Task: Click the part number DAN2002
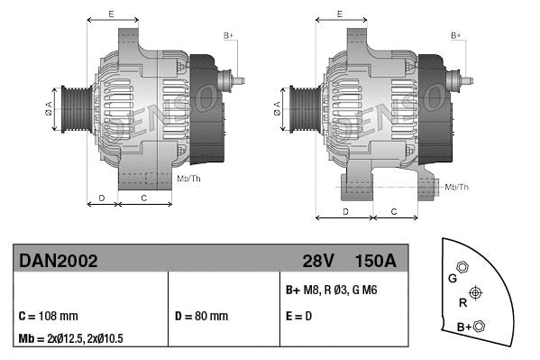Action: [x=59, y=262]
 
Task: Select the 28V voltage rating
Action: [x=318, y=262]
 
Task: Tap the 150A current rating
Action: [x=375, y=262]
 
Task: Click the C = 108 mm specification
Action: [x=49, y=317]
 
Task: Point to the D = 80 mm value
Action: [x=201, y=317]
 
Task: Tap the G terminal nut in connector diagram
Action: [x=462, y=268]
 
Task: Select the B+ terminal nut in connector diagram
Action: [x=479, y=326]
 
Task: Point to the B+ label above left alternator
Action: [x=228, y=35]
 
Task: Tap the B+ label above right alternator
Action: [x=456, y=35]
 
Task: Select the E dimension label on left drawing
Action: [x=110, y=14]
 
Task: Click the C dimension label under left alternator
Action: [x=144, y=196]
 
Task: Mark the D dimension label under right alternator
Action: [x=345, y=210]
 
